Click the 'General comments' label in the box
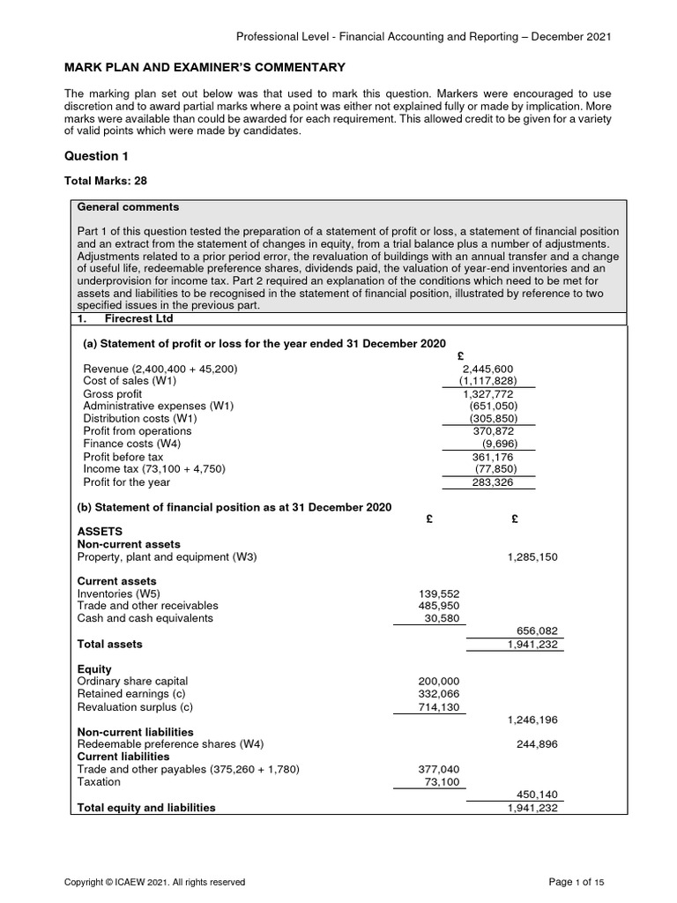click(x=128, y=207)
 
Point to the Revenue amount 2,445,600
click(x=487, y=369)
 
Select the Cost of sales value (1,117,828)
click(x=487, y=381)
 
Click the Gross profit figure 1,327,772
click(x=487, y=393)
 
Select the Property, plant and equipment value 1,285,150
click(x=532, y=557)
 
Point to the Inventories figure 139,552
click(x=438, y=593)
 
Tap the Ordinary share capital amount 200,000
click(x=438, y=682)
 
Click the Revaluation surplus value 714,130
click(x=438, y=706)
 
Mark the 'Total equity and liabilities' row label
click(x=146, y=807)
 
